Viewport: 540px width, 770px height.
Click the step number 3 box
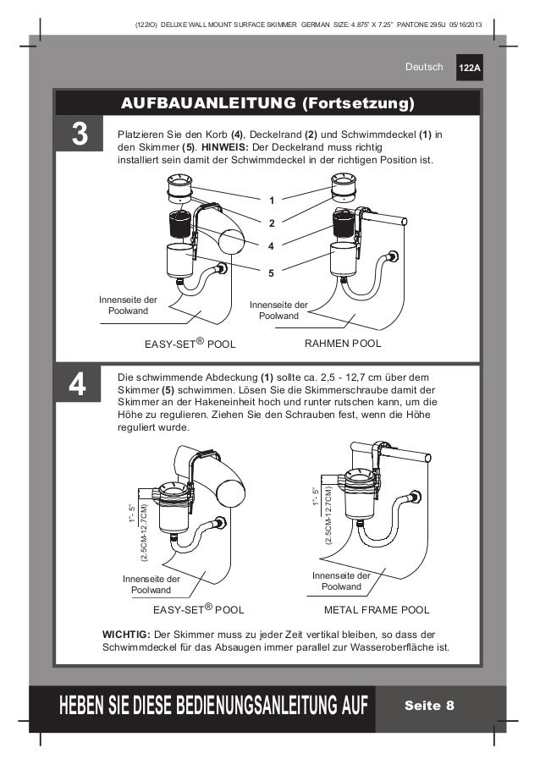pyautogui.click(x=79, y=135)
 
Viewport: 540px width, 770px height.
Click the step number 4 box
pyautogui.click(x=79, y=385)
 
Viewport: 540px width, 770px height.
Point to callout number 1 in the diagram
pyautogui.click(x=272, y=201)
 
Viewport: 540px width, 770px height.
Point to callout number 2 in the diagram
pyautogui.click(x=272, y=223)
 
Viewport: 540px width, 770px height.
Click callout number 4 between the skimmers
pyautogui.click(x=272, y=246)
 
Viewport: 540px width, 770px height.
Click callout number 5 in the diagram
pyautogui.click(x=272, y=273)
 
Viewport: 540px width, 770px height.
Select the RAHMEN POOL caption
pyautogui.click(x=342, y=344)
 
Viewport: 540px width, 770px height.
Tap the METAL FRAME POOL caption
pyautogui.click(x=377, y=609)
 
